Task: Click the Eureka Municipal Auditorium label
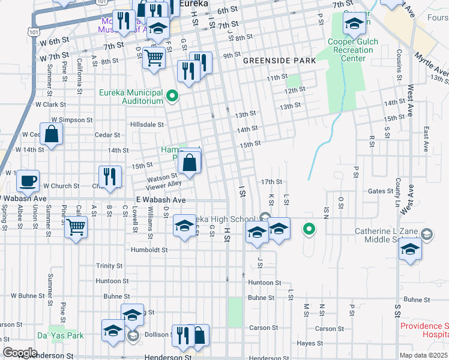point(131,97)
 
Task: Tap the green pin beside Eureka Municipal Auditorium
point(172,96)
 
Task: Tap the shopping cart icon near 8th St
point(154,58)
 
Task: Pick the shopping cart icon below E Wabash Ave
point(76,227)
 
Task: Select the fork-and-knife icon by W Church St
point(110,176)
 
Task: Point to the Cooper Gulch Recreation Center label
point(351,50)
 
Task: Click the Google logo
point(20,352)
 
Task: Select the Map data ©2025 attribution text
point(423,355)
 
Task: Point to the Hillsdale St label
point(148,125)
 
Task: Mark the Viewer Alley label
point(163,185)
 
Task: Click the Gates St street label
point(380,191)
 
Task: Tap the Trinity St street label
point(109,265)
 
